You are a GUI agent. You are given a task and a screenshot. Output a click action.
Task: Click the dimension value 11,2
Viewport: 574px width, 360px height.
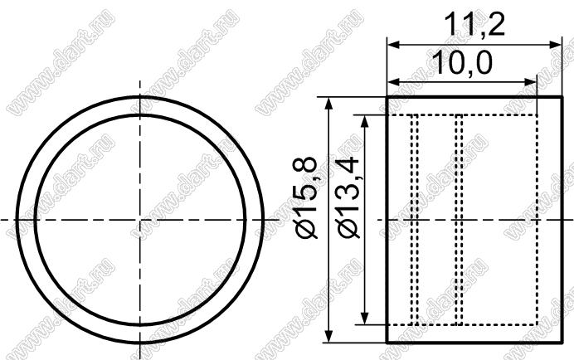coord(474,25)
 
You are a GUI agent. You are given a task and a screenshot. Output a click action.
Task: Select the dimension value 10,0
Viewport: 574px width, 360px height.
coord(462,62)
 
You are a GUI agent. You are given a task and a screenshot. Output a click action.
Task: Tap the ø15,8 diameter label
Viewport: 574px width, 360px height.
coord(306,197)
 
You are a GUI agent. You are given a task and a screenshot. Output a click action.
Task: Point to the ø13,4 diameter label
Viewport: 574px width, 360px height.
coord(349,197)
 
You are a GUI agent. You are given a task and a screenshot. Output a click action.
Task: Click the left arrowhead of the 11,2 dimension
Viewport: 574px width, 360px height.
coord(393,45)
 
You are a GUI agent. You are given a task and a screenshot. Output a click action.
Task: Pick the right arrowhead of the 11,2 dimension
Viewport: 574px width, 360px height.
coord(555,45)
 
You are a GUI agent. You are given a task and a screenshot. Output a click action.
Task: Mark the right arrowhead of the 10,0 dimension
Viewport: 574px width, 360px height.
coord(530,82)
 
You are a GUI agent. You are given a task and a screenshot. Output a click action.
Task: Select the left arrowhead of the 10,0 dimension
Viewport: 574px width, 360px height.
coord(393,82)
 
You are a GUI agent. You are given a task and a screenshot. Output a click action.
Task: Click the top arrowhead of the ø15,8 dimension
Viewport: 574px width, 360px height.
coord(329,104)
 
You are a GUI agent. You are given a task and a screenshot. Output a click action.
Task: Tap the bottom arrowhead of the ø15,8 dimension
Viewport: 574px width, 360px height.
coord(329,336)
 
